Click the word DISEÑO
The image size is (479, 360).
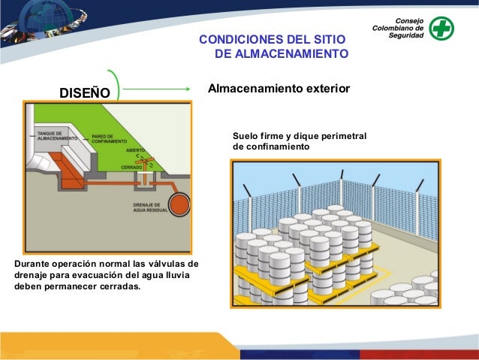[85, 93]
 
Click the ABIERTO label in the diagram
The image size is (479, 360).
[136, 150]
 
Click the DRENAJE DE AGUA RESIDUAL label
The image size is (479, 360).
[150, 208]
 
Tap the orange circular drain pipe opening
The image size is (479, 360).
[179, 204]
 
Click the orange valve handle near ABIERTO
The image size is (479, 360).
[147, 160]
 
